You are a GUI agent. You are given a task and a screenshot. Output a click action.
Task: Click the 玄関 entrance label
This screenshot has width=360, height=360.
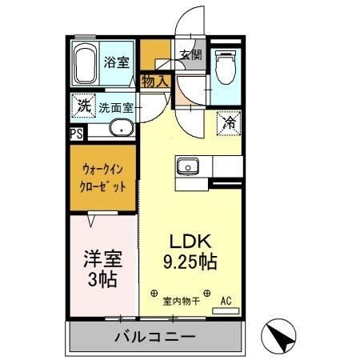pos(190,56)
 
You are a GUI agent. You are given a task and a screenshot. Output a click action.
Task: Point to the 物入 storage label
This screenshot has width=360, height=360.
pos(155,80)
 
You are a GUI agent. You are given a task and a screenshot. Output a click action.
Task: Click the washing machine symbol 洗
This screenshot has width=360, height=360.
pos(83,105)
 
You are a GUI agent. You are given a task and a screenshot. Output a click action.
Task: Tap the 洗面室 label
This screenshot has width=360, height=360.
pos(118,107)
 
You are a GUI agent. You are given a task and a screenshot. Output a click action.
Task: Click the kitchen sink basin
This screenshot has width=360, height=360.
pos(189,167)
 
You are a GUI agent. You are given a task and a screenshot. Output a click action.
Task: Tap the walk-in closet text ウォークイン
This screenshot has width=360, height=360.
pos(103,170)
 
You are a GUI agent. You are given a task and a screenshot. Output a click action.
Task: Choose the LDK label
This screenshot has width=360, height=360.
pos(189,241)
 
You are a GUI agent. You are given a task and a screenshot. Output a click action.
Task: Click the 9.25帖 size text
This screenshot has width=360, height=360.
pos(189,261)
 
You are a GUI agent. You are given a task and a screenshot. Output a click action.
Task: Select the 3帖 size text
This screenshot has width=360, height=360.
pos(102,280)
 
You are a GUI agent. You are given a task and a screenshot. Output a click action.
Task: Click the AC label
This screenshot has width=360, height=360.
pos(226,301)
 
